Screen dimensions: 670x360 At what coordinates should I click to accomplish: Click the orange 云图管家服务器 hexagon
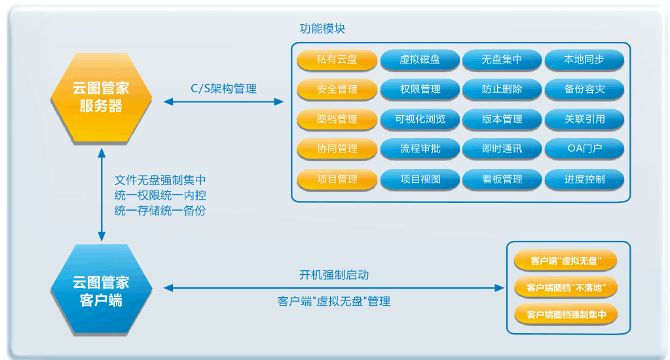click(x=102, y=98)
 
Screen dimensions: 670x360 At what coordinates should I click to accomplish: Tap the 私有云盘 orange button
click(x=337, y=60)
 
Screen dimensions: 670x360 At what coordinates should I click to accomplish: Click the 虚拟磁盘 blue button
click(x=420, y=60)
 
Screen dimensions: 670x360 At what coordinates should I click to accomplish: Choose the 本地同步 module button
click(x=584, y=60)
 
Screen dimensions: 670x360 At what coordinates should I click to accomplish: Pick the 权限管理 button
click(x=420, y=89)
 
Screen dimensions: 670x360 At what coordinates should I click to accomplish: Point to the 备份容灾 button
click(x=584, y=89)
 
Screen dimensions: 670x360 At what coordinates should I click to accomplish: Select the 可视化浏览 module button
click(x=420, y=119)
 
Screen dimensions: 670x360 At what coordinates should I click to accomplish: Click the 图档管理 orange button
click(x=337, y=119)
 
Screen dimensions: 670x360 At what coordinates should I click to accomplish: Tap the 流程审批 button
click(x=420, y=149)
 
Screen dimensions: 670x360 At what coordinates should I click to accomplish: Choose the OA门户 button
click(x=584, y=149)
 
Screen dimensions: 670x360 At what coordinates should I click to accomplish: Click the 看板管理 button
click(x=502, y=179)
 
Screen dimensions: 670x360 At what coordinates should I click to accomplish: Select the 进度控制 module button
click(x=584, y=179)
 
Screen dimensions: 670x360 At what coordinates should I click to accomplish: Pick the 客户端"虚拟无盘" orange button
click(x=566, y=261)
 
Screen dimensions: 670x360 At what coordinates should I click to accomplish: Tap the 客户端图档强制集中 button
click(x=566, y=315)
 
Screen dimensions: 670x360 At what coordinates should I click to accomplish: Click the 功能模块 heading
click(x=322, y=29)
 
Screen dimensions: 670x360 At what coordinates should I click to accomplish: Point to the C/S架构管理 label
click(x=223, y=89)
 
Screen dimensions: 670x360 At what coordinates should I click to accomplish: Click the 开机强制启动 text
click(x=334, y=275)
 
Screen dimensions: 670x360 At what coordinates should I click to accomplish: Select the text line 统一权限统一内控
click(x=160, y=195)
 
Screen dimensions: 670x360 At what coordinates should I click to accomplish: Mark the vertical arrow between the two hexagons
click(x=102, y=195)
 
